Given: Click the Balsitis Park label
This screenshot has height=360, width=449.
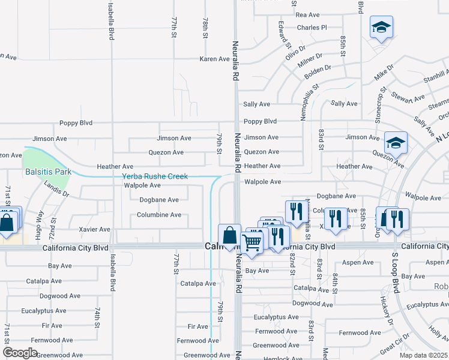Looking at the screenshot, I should click(48, 172).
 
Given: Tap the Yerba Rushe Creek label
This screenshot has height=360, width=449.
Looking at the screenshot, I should click(155, 176).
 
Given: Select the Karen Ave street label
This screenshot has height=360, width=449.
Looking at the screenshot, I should click(214, 59).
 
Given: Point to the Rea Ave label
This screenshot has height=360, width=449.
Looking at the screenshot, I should click(307, 14).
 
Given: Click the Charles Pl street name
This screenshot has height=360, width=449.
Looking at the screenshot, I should click(312, 27).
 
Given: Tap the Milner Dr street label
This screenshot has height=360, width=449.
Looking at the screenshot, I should click(310, 62).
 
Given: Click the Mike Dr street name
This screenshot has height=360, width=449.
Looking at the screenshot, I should click(384, 73).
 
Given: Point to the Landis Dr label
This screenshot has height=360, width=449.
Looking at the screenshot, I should click(57, 190).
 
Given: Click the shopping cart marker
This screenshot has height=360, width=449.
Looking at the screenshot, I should click(252, 242).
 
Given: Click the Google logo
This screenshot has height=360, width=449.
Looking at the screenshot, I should click(20, 352).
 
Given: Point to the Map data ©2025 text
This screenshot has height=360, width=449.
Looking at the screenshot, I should click(424, 355).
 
